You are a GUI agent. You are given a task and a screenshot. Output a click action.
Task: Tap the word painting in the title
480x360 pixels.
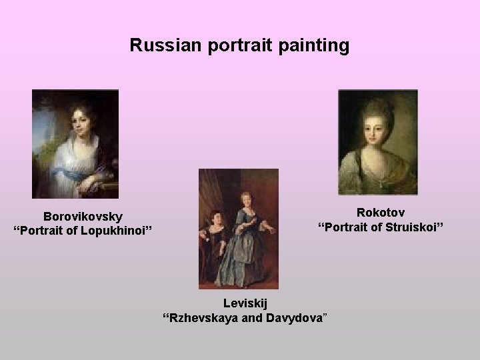click(316, 45)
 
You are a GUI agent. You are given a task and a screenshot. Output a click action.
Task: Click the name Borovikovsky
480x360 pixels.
click(83, 217)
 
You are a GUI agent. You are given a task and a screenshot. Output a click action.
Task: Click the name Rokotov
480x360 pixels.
click(380, 213)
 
